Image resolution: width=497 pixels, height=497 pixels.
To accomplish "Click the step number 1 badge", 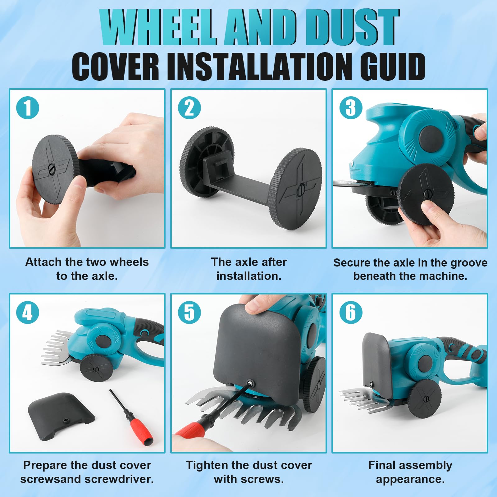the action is click(x=28, y=108).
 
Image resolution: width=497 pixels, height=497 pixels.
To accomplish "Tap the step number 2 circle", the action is click(x=189, y=108).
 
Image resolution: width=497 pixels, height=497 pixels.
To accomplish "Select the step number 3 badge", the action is click(x=351, y=108).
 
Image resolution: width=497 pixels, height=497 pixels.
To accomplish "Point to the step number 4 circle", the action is click(x=28, y=312).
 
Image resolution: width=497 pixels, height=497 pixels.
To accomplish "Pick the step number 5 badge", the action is click(x=189, y=312).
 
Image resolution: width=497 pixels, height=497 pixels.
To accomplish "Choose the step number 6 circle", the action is click(x=351, y=312).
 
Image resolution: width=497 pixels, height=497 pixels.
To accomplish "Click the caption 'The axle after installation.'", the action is click(x=249, y=269).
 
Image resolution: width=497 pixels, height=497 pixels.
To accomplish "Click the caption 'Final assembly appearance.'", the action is click(x=410, y=472).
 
